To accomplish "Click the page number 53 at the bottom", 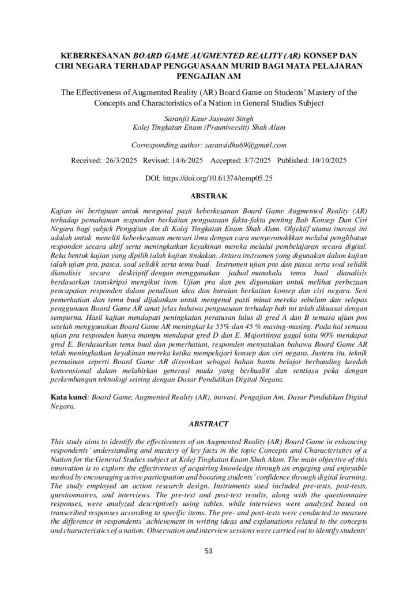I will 209,551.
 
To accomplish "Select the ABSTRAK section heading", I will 209,196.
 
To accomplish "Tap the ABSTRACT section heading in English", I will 209,423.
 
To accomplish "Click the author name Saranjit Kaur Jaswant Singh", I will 209,117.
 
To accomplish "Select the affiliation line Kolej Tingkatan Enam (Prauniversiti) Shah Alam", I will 209,127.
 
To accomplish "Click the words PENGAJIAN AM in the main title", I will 209,75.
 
